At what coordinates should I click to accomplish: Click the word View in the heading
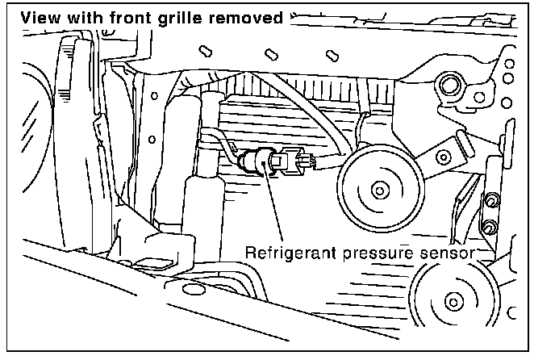pyautogui.click(x=38, y=16)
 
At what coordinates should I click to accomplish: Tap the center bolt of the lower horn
pyautogui.click(x=453, y=303)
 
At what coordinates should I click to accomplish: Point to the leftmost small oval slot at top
pyautogui.click(x=204, y=51)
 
